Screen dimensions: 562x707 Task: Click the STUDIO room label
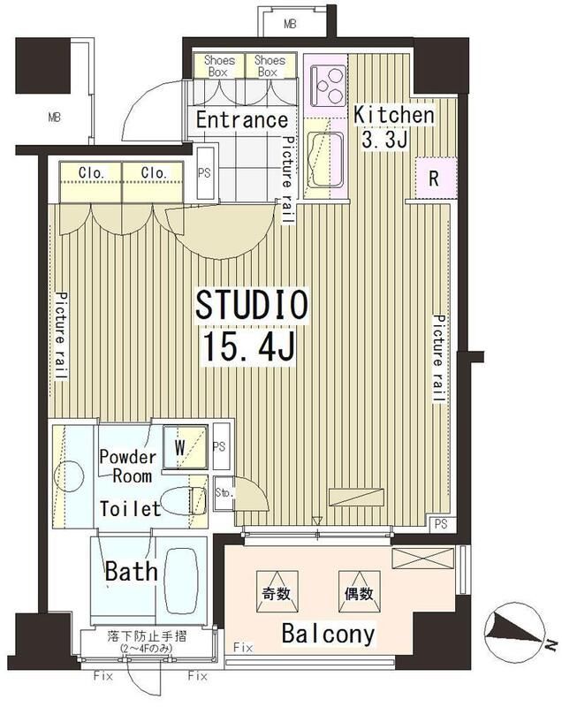[x=252, y=304]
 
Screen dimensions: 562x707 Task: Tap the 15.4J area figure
[x=250, y=346]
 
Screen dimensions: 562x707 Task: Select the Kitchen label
[x=393, y=115]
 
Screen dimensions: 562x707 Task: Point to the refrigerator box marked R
[x=435, y=179]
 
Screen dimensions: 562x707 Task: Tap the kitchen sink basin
[x=326, y=160]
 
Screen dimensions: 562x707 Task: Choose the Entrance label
[x=242, y=120]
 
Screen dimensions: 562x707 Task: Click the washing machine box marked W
[x=186, y=447]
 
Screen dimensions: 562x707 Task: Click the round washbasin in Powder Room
[x=69, y=476]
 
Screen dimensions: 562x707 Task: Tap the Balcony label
[x=328, y=634]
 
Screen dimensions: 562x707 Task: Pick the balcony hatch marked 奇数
[x=277, y=591]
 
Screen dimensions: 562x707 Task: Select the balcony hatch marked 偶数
[x=360, y=591]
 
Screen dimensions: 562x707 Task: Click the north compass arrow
[x=514, y=629]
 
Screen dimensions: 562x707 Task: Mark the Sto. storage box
[x=224, y=493]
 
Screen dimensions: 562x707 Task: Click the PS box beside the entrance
[x=205, y=172]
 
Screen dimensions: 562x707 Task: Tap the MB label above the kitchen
[x=290, y=24]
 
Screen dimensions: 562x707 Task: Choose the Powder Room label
[x=128, y=467]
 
